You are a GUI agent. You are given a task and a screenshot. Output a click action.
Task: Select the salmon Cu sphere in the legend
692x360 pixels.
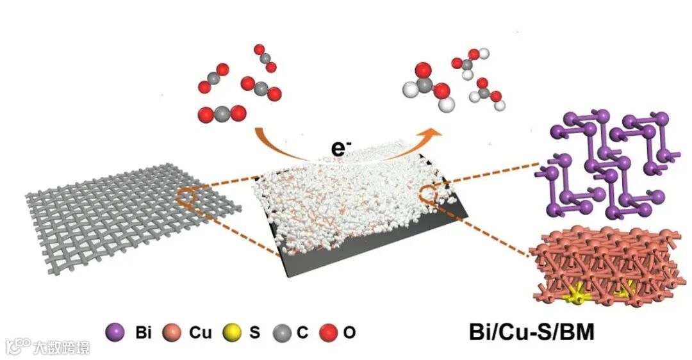click(x=171, y=332)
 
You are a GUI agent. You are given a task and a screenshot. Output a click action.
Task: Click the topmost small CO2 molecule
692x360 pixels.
click(x=265, y=58)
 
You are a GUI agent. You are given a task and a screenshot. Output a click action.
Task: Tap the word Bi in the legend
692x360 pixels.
click(x=142, y=333)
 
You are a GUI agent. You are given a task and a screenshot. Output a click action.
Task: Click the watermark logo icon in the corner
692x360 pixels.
click(x=18, y=347)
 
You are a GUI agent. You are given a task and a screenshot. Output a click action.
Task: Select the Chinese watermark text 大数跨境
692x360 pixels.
click(x=62, y=347)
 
